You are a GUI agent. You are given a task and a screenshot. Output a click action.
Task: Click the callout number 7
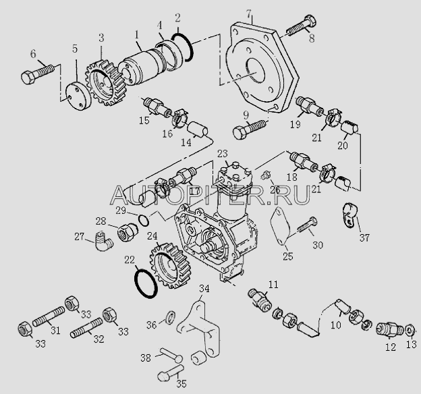click(x=249, y=13)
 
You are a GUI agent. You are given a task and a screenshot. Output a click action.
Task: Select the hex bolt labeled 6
click(x=37, y=74)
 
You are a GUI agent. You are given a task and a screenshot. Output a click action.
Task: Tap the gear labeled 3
click(x=104, y=84)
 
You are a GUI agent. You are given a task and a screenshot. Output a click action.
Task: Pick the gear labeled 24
click(x=169, y=265)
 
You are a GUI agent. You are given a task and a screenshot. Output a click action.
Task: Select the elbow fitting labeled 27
click(x=104, y=241)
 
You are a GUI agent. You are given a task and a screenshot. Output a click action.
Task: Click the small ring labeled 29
click(x=144, y=220)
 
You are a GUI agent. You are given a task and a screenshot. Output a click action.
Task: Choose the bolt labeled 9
click(x=250, y=129)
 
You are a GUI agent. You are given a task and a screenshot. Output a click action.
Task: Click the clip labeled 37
click(x=351, y=215)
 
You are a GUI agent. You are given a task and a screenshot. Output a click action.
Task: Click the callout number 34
click(x=204, y=289)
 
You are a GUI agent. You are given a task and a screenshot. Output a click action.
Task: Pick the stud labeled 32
click(x=86, y=327)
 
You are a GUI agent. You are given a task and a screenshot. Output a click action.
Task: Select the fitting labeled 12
click(x=389, y=329)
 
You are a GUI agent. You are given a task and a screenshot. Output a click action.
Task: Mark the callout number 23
click(x=223, y=154)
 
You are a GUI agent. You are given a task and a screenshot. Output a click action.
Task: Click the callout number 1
click(x=137, y=35)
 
